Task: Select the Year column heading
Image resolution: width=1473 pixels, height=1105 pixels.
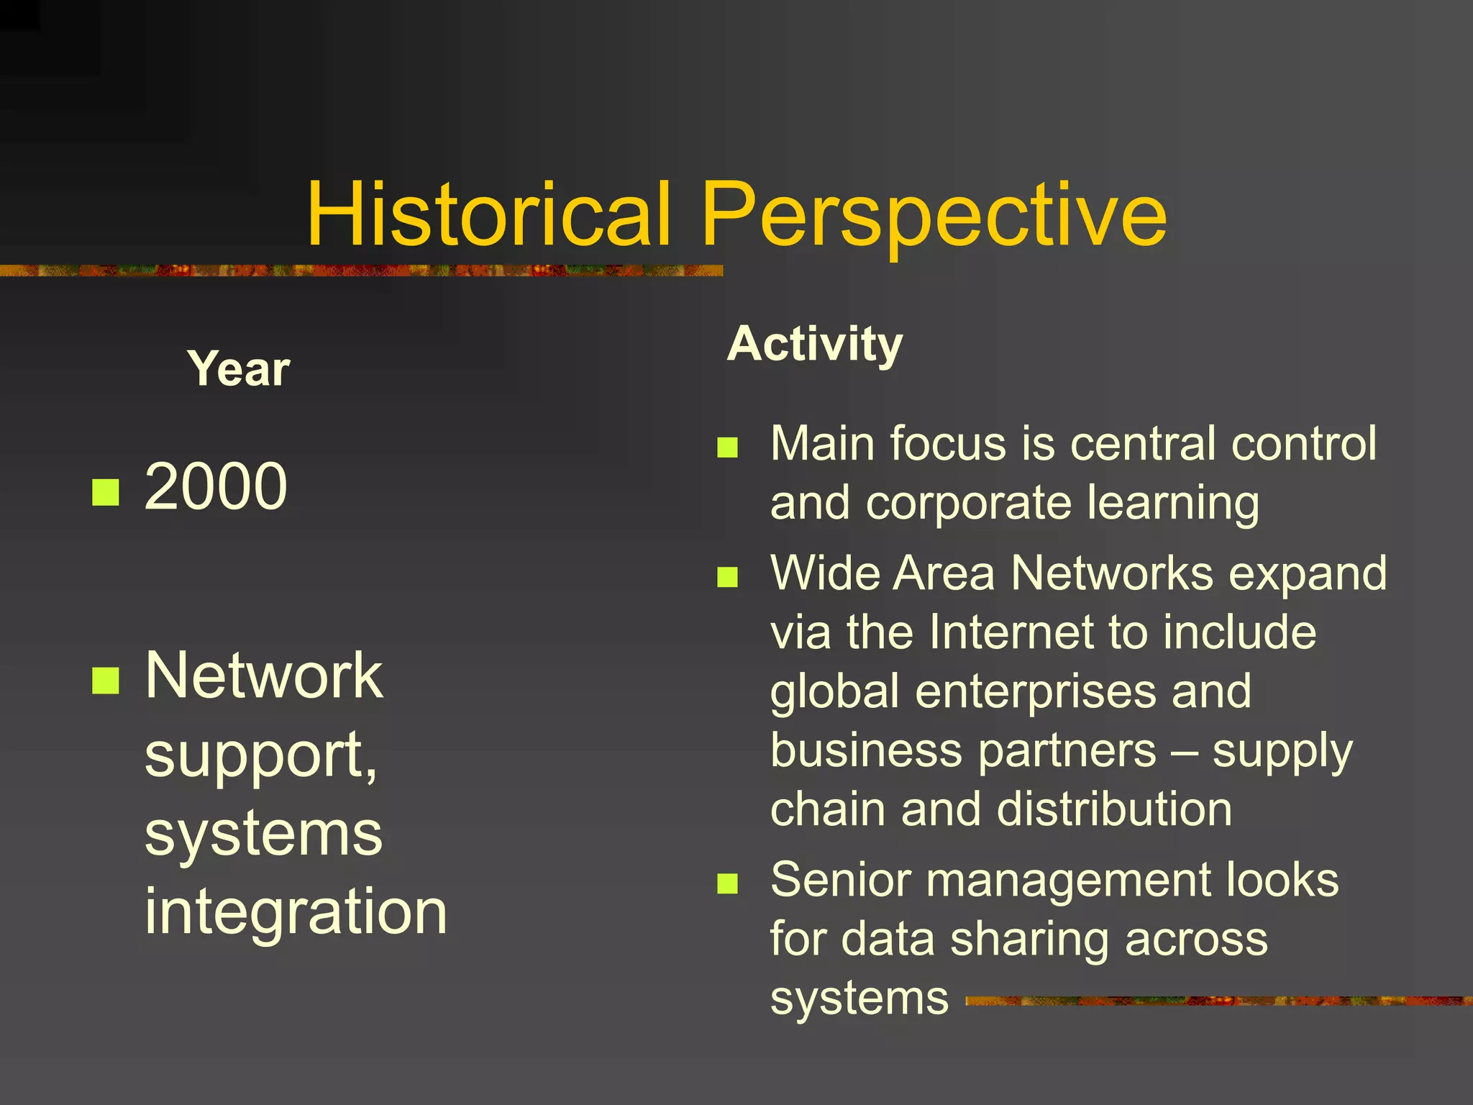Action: click(x=238, y=369)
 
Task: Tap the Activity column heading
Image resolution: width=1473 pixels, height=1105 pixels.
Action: click(x=814, y=344)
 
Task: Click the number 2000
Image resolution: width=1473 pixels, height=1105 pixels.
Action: click(x=216, y=487)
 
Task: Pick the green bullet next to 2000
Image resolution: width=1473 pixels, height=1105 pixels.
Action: click(x=106, y=492)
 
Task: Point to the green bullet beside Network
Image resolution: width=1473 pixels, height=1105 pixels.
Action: click(x=106, y=680)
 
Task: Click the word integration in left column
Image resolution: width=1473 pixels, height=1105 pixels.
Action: click(x=296, y=911)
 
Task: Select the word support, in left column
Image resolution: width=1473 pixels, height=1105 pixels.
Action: click(x=261, y=755)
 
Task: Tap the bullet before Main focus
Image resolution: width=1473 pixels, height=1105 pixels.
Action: click(x=728, y=447)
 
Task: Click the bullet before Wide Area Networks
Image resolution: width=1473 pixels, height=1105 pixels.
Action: click(x=728, y=577)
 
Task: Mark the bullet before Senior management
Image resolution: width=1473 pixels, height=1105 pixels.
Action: click(x=728, y=883)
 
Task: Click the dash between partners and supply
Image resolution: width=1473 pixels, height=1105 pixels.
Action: click(x=1184, y=752)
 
